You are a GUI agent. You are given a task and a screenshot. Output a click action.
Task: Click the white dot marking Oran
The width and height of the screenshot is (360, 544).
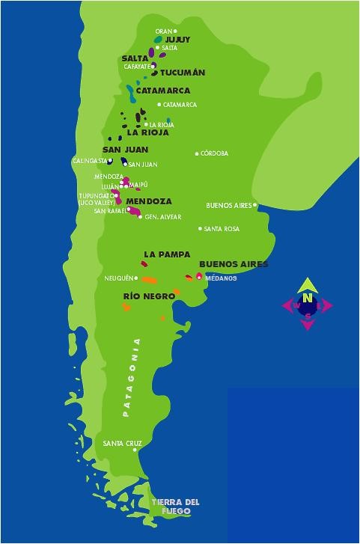pos(176,31)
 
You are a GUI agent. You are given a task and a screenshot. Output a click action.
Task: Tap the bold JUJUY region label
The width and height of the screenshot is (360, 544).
pos(177,40)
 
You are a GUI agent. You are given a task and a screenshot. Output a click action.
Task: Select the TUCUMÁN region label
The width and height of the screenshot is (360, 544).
pos(183,73)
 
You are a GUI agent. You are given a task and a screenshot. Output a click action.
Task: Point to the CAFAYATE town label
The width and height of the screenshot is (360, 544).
pos(137,67)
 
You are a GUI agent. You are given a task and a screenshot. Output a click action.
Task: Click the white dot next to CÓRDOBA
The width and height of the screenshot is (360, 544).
pos(198,154)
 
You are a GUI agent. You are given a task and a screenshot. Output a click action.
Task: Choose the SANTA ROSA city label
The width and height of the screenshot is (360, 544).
pos(222,229)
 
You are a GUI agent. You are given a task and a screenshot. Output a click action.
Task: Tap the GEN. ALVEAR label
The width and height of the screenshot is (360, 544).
pos(163,217)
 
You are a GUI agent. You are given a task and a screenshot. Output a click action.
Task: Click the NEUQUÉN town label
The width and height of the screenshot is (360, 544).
pos(118,278)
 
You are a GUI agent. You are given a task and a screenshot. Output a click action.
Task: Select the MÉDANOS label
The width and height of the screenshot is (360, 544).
pos(221,278)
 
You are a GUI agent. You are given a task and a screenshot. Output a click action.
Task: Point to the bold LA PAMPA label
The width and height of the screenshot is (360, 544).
pos(167,254)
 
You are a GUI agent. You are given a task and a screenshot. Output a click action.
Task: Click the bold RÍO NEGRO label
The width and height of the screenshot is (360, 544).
pos(149,297)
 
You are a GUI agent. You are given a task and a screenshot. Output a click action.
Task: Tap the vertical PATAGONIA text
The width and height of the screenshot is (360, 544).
pos(132,377)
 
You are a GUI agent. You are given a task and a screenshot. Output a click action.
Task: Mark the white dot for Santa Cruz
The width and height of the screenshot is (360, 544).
pos(135,450)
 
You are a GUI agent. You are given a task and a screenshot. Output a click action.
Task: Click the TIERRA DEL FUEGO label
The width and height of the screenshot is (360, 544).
pos(175,507)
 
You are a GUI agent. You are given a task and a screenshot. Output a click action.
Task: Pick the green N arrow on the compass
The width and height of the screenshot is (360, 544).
pos(307,286)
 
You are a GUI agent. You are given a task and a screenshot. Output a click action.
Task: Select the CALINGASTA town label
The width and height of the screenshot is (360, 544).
pos(89,161)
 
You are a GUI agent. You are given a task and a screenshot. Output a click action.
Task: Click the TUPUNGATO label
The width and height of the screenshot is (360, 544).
pos(98,196)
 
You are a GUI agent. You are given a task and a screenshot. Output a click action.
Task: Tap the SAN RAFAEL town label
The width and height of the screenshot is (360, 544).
pos(109,211)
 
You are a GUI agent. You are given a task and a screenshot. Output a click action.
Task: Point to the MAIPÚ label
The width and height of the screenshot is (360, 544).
pos(138,185)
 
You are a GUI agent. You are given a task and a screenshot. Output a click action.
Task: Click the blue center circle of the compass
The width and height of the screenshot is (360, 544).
pos(307,305)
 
